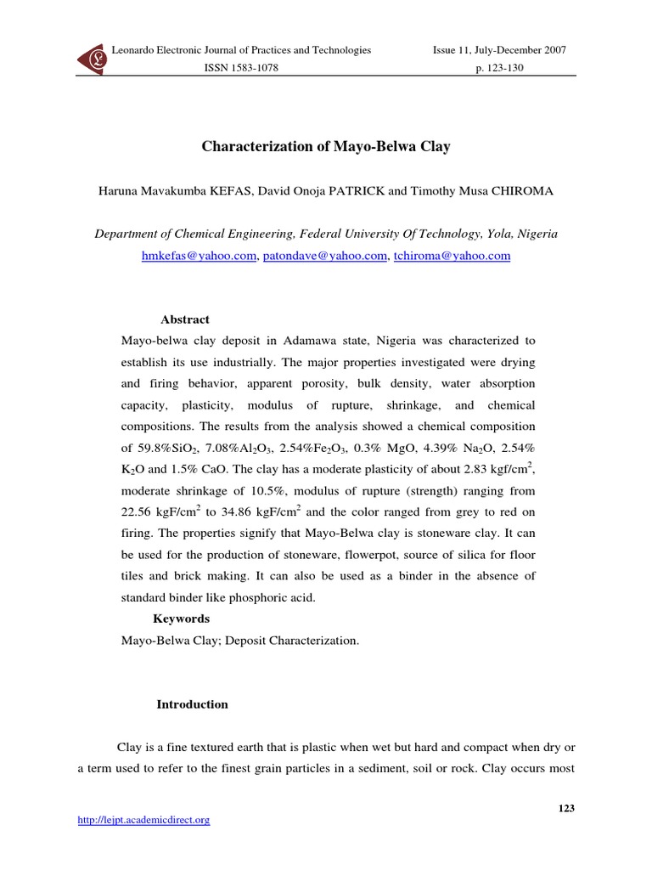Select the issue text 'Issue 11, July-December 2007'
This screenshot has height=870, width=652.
click(x=499, y=50)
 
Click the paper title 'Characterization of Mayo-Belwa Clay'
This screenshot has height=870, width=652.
click(x=326, y=147)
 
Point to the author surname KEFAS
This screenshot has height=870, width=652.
click(x=227, y=191)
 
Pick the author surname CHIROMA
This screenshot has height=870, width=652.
click(x=522, y=191)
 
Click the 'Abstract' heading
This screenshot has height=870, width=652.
click(x=185, y=319)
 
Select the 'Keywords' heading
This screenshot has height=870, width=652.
click(x=181, y=619)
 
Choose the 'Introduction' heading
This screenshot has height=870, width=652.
click(x=193, y=704)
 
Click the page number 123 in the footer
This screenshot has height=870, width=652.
click(x=566, y=808)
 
